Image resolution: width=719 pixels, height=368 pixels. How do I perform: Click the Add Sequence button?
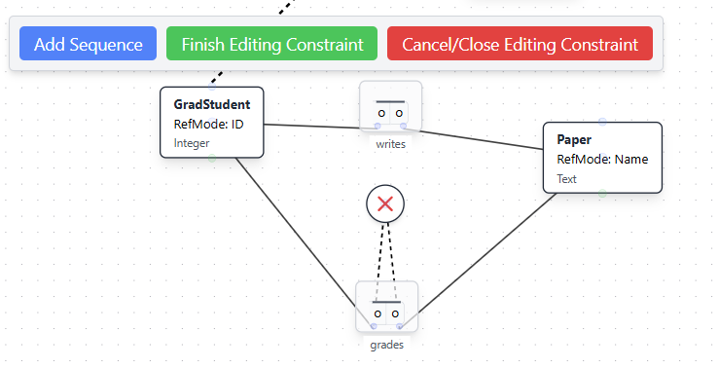[x=88, y=44]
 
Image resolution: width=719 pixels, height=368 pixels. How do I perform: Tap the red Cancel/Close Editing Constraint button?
[x=520, y=44]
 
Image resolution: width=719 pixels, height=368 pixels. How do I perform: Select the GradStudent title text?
[x=211, y=104]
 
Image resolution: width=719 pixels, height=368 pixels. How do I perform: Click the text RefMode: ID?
[x=208, y=124]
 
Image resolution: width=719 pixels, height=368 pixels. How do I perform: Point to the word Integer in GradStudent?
[x=192, y=143]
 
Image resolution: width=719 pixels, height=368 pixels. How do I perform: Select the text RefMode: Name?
[x=602, y=159]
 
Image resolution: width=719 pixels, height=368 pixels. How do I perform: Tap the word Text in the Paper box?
[x=566, y=179]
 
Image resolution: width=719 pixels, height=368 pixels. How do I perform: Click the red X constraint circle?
[x=385, y=203]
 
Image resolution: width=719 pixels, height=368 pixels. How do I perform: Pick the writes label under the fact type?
[x=390, y=145]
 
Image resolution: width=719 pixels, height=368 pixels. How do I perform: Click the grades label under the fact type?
[x=386, y=345]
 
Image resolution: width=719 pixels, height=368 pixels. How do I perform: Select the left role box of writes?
[x=382, y=113]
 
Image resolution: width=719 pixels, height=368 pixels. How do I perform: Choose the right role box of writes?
[x=399, y=113]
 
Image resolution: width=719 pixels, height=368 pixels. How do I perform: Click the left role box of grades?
[x=378, y=313]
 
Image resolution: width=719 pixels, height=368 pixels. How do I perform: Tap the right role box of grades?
[x=395, y=313]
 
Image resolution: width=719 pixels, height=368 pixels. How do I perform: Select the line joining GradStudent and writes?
[x=311, y=126]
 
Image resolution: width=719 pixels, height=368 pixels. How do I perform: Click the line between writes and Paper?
[x=477, y=138]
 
